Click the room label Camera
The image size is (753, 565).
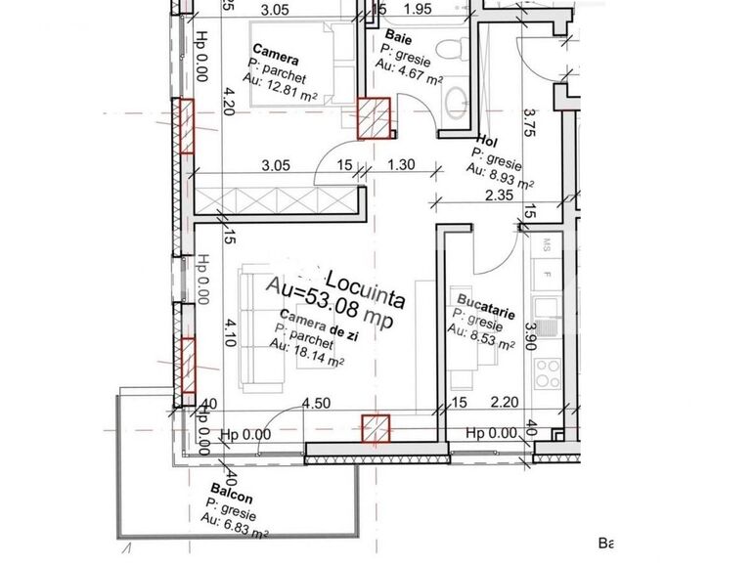[x=276, y=49]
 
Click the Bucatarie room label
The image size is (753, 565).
[x=485, y=303]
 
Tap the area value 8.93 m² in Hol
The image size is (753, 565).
[x=499, y=176]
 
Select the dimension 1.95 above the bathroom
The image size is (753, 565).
[x=418, y=10]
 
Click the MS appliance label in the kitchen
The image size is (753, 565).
[x=548, y=242]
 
